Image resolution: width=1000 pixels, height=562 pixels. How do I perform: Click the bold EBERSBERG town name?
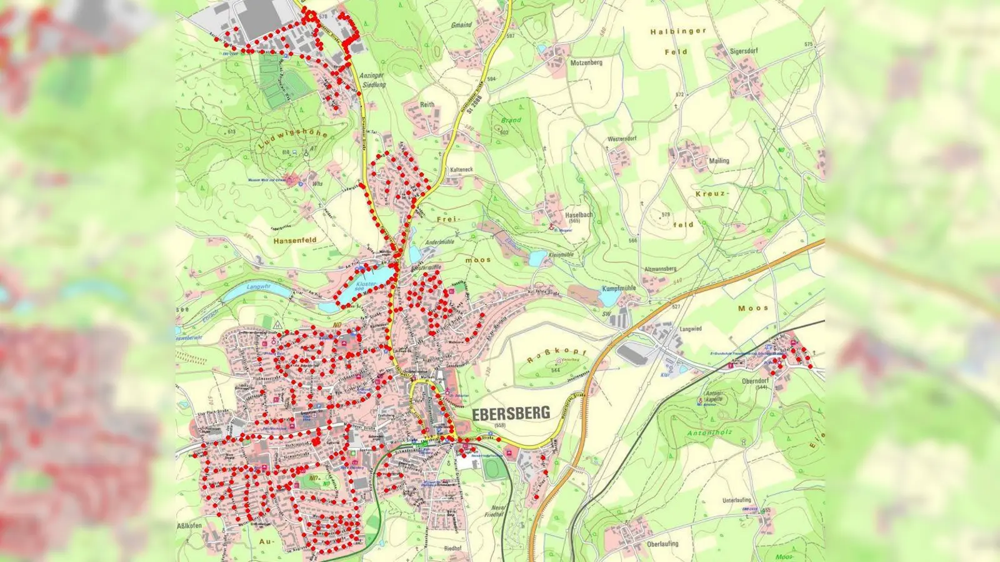[511, 413]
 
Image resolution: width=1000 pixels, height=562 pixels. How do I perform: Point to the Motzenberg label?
[586, 63]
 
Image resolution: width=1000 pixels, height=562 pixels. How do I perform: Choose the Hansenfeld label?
[295, 240]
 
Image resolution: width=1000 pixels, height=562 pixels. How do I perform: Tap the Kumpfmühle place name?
[618, 288]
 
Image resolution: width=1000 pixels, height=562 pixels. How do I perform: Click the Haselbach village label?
[578, 215]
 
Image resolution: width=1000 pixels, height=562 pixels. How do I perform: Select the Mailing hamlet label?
[719, 160]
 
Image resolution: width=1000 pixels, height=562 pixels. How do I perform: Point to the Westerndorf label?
[622, 139]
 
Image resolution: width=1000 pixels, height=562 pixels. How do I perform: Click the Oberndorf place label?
[754, 381]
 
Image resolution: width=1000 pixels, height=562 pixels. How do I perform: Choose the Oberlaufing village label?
[662, 544]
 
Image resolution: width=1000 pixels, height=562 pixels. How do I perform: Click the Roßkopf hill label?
[556, 357]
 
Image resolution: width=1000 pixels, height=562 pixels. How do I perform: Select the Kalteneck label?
[461, 170]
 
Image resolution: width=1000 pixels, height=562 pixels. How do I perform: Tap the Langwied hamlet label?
[691, 328]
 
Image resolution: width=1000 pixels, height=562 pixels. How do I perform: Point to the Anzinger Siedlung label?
[372, 80]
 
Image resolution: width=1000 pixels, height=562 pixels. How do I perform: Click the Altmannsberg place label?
[660, 269]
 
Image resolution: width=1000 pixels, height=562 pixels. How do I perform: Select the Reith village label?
[427, 105]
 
